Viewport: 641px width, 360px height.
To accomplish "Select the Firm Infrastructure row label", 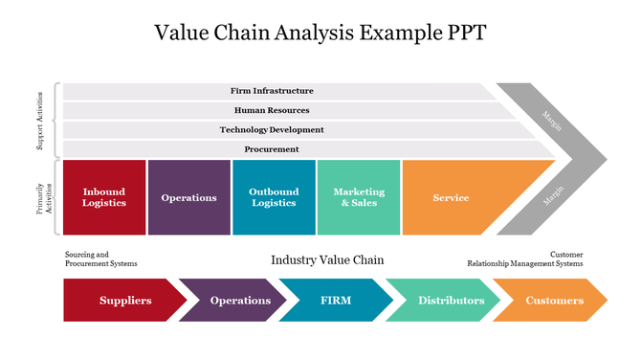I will pyautogui.click(x=272, y=91).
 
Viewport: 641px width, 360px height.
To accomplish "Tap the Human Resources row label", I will pyautogui.click(x=272, y=110).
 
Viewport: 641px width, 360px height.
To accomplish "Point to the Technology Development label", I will pyautogui.click(x=272, y=129).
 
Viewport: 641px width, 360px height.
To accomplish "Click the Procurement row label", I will pyautogui.click(x=272, y=149).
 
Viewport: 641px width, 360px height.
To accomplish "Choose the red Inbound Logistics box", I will pyautogui.click(x=103, y=197).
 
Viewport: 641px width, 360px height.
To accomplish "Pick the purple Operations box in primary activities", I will pyautogui.click(x=188, y=197).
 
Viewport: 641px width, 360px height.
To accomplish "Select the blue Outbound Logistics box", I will pyautogui.click(x=274, y=197).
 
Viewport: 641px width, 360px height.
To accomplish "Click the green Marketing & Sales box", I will pyautogui.click(x=358, y=197).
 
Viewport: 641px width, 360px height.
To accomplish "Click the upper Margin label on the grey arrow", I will pyautogui.click(x=552, y=120).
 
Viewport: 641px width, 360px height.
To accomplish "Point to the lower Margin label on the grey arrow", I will pyautogui.click(x=552, y=195).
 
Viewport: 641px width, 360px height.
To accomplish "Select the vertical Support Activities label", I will pyautogui.click(x=39, y=121).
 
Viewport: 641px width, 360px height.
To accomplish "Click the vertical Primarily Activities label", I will pyautogui.click(x=39, y=198).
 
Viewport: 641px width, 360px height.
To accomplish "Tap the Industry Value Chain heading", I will pyautogui.click(x=327, y=259).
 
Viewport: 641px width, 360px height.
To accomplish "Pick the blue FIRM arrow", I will pyautogui.click(x=336, y=301).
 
